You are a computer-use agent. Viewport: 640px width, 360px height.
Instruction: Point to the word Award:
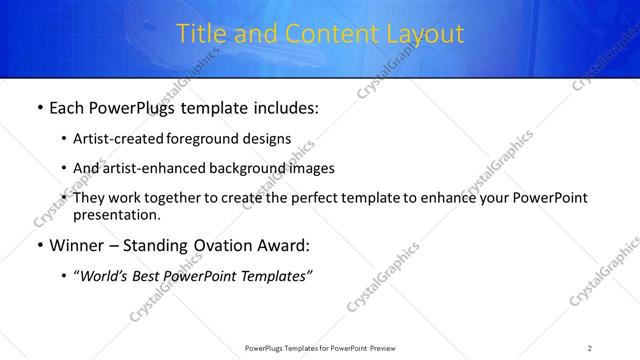point(283,245)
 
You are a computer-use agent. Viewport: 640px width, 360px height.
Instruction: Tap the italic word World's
point(107,275)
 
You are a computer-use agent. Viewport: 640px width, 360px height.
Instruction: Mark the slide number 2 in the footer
point(590,347)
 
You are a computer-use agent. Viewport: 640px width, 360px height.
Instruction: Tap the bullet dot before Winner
point(39,245)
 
